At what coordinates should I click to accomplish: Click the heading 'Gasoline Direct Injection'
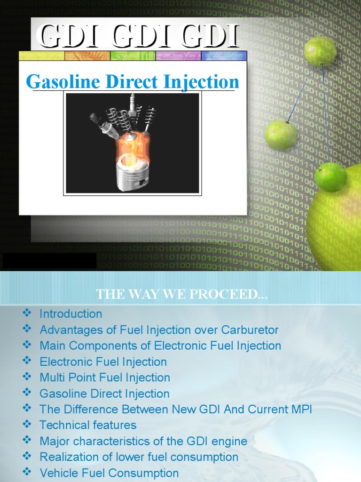pyautogui.click(x=133, y=82)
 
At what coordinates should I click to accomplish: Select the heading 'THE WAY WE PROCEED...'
pyautogui.click(x=181, y=295)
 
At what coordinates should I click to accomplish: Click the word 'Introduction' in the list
pyautogui.click(x=71, y=314)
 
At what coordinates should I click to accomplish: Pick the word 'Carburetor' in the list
pyautogui.click(x=248, y=330)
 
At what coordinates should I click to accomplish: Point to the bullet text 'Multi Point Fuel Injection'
pyautogui.click(x=105, y=378)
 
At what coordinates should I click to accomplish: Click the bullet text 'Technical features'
pyautogui.click(x=88, y=425)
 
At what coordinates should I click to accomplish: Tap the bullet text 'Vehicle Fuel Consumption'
pyautogui.click(x=109, y=473)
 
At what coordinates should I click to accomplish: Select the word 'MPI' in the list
pyautogui.click(x=301, y=410)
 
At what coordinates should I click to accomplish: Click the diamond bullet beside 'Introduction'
pyautogui.click(x=26, y=313)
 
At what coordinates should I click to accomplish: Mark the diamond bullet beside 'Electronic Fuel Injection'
pyautogui.click(x=26, y=361)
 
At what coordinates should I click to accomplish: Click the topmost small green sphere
pyautogui.click(x=320, y=51)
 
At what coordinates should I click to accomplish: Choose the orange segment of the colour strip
pyautogui.click(x=87, y=56)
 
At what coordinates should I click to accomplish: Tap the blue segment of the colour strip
pyautogui.click(x=224, y=56)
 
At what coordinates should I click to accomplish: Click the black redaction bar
pyautogui.click(x=49, y=261)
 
